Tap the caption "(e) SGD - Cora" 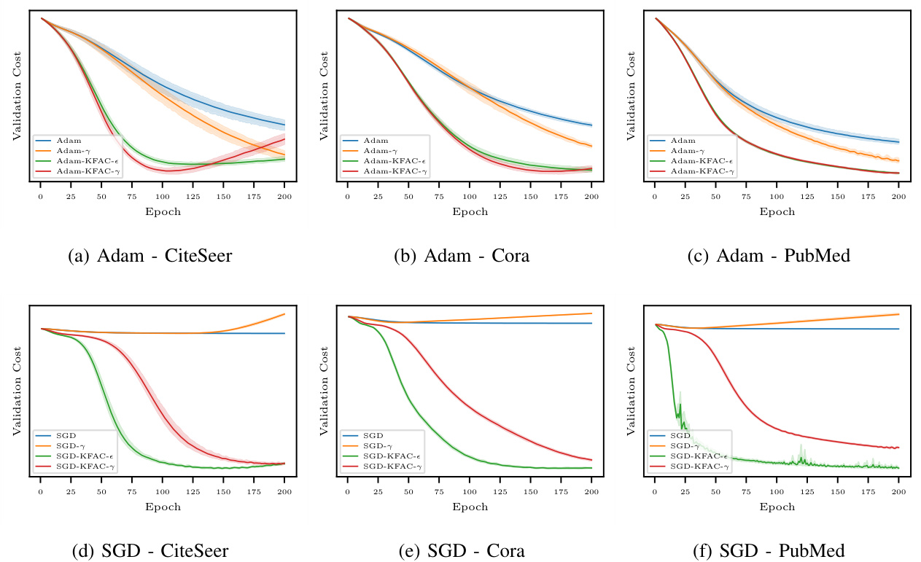[461, 550]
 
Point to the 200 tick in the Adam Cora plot [591, 197]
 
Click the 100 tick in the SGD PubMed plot [777, 491]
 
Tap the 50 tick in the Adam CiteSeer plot [101, 197]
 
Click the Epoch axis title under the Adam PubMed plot [777, 212]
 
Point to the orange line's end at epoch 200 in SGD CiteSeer [284, 314]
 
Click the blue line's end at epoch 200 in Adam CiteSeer [284, 124]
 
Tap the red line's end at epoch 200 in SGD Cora [591, 460]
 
